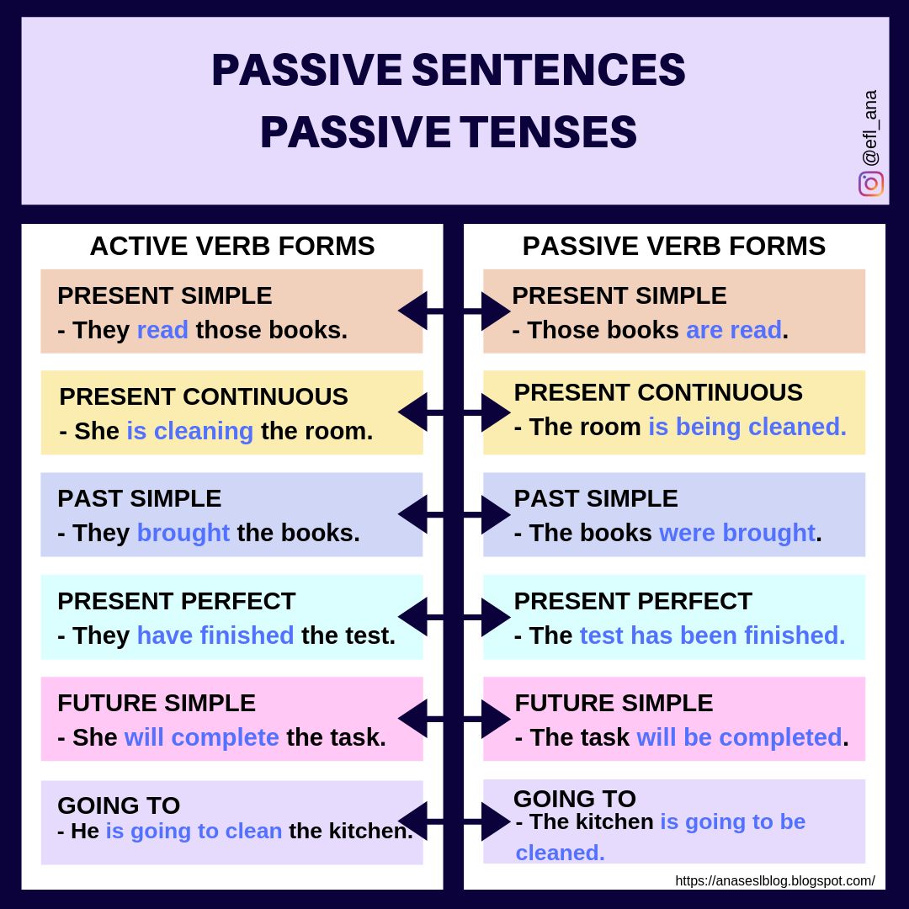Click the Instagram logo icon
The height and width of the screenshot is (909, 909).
coord(871,183)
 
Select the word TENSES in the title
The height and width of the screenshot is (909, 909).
coord(548,133)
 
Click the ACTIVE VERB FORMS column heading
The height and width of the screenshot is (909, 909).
coord(232,246)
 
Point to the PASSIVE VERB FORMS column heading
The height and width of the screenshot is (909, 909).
coord(674,246)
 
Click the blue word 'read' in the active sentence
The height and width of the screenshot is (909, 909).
coord(162,330)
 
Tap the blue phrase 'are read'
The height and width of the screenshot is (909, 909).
coord(734,330)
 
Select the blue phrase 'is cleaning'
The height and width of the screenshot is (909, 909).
coord(190,431)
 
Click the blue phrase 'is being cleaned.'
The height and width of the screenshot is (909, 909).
coord(747,427)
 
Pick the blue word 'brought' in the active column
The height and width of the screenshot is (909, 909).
coord(183,533)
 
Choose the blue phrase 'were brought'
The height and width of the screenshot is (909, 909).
coord(737,533)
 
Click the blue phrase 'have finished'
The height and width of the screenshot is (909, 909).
coord(215,635)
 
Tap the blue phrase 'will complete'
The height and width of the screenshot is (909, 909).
coord(202,737)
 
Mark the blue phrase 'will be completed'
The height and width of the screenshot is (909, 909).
coord(740,737)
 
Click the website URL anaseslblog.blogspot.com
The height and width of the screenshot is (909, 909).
coord(775,880)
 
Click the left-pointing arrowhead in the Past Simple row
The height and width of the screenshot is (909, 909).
coord(412,514)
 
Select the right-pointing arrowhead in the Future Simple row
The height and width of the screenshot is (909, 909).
coord(496,719)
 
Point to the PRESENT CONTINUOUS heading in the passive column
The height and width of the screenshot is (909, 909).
coord(658,392)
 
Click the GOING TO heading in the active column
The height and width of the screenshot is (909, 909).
coord(119,805)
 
